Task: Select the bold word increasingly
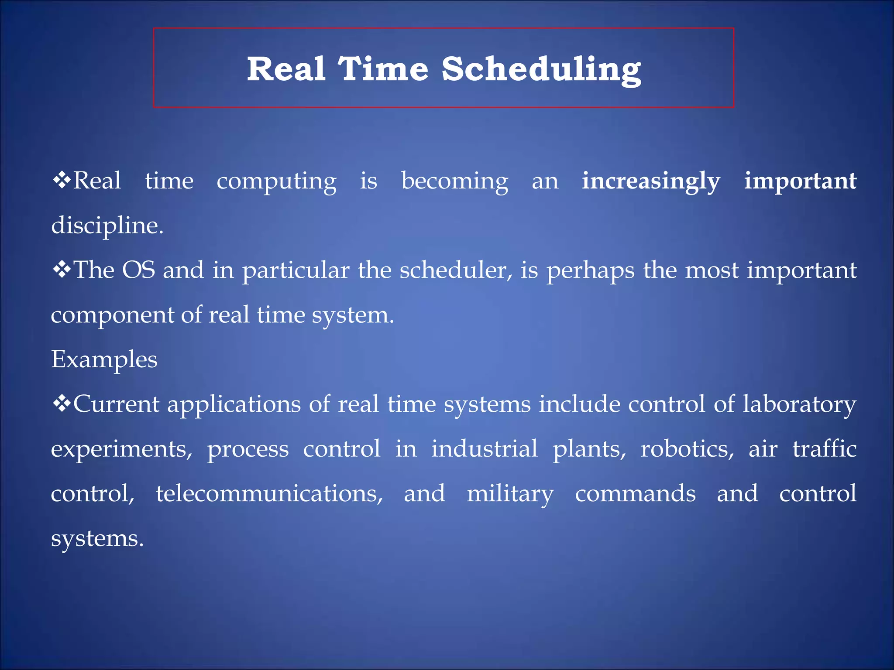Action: tap(651, 181)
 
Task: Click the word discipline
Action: tap(107, 226)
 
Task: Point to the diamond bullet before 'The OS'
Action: tap(62, 270)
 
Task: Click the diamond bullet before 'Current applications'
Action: tap(62, 403)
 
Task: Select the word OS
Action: tap(139, 270)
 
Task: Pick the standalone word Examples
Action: tap(104, 359)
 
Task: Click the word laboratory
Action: tap(799, 404)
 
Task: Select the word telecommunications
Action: tap(269, 493)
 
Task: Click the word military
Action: tap(510, 494)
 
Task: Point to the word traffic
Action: tap(824, 448)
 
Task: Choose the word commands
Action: tap(635, 493)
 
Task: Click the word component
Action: tap(112, 315)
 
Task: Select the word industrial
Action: tap(484, 449)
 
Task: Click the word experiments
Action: tap(121, 449)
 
